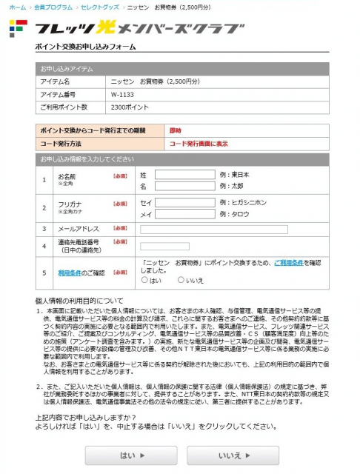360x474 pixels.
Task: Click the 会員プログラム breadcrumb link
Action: (x=53, y=6)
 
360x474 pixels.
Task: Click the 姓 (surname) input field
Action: (x=185, y=175)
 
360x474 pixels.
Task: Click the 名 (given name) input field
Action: (x=185, y=187)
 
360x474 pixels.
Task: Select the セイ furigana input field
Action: (x=185, y=202)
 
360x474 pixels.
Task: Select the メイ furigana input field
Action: (x=185, y=214)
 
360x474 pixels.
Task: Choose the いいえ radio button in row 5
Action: (x=181, y=280)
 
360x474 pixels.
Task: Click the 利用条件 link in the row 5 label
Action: (x=71, y=273)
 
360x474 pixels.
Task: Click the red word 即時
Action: (x=176, y=130)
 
